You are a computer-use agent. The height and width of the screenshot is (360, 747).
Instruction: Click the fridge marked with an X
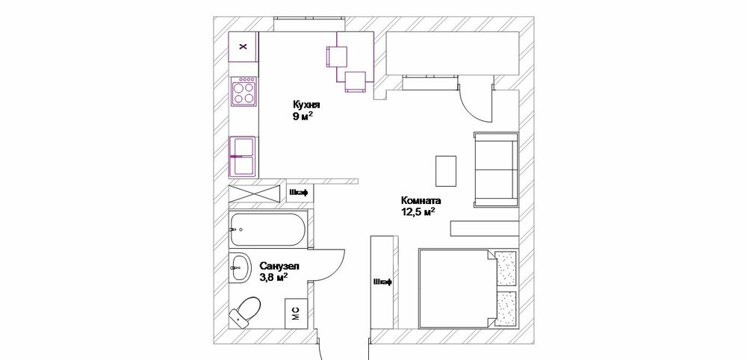[243, 47]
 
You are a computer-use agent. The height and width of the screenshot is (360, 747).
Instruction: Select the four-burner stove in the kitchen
[244, 92]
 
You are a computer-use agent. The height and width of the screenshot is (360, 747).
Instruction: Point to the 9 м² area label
[303, 117]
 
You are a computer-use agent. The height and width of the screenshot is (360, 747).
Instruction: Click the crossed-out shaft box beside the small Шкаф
[256, 193]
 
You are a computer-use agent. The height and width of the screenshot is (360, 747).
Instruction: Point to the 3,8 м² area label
[273, 277]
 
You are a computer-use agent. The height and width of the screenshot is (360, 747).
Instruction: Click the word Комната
[421, 201]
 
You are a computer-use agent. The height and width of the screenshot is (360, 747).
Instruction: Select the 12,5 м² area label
[418, 212]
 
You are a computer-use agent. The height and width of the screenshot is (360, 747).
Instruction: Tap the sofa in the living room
[494, 169]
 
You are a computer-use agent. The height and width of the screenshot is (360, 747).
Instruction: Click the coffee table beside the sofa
[447, 171]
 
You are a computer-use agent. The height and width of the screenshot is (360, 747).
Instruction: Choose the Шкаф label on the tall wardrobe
[381, 282]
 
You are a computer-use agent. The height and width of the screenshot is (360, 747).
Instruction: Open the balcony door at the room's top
[474, 101]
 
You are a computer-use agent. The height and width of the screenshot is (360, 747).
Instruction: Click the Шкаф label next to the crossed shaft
[299, 193]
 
